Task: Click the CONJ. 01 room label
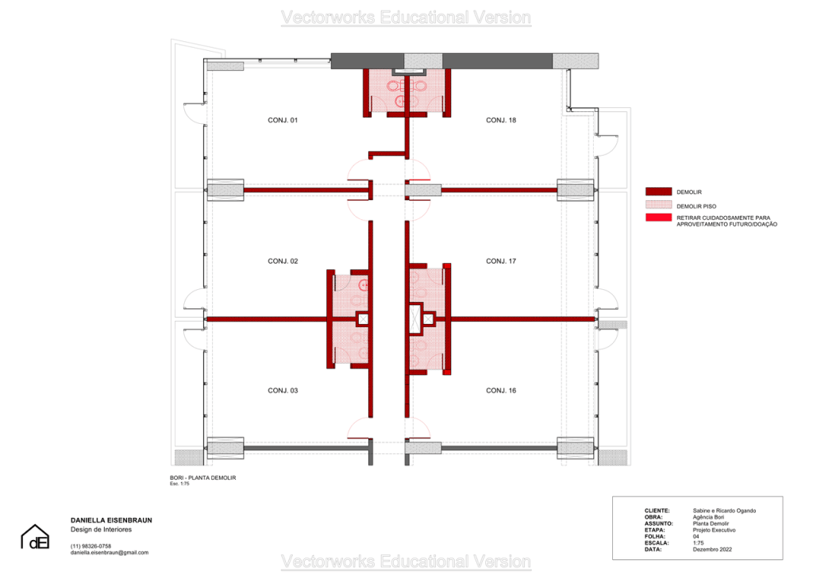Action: click(x=283, y=120)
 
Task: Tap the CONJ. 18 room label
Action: click(x=501, y=120)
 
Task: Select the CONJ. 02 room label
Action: click(x=283, y=261)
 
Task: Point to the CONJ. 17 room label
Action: click(x=501, y=261)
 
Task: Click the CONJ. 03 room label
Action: click(x=283, y=391)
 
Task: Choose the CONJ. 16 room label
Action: click(x=501, y=391)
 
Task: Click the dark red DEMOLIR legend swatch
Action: click(x=658, y=192)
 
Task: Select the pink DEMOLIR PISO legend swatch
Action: click(x=658, y=206)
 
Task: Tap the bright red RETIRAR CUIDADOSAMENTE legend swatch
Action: click(x=658, y=218)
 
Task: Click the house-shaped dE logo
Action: click(x=35, y=537)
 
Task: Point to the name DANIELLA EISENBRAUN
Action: click(x=111, y=520)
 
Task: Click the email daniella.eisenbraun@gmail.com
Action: click(x=110, y=553)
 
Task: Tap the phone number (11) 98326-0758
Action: click(x=91, y=546)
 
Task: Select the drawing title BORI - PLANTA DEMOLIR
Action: click(x=202, y=478)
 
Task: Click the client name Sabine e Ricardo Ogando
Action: click(x=724, y=511)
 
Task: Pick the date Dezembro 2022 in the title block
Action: click(x=712, y=550)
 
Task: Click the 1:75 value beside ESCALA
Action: click(x=699, y=543)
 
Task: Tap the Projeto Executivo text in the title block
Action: click(x=714, y=531)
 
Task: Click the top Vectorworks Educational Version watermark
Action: click(x=406, y=17)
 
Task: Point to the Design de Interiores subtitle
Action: click(x=101, y=530)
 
